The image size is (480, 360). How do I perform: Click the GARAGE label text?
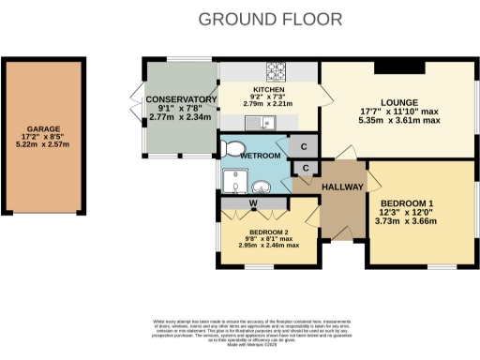(x=43, y=129)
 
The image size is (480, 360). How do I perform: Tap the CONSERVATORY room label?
(x=182, y=99)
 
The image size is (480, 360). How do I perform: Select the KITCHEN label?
(x=268, y=91)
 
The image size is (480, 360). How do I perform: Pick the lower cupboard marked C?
(x=306, y=168)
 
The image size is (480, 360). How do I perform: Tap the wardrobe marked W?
(x=252, y=203)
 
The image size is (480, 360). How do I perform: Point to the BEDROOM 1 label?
(x=407, y=202)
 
